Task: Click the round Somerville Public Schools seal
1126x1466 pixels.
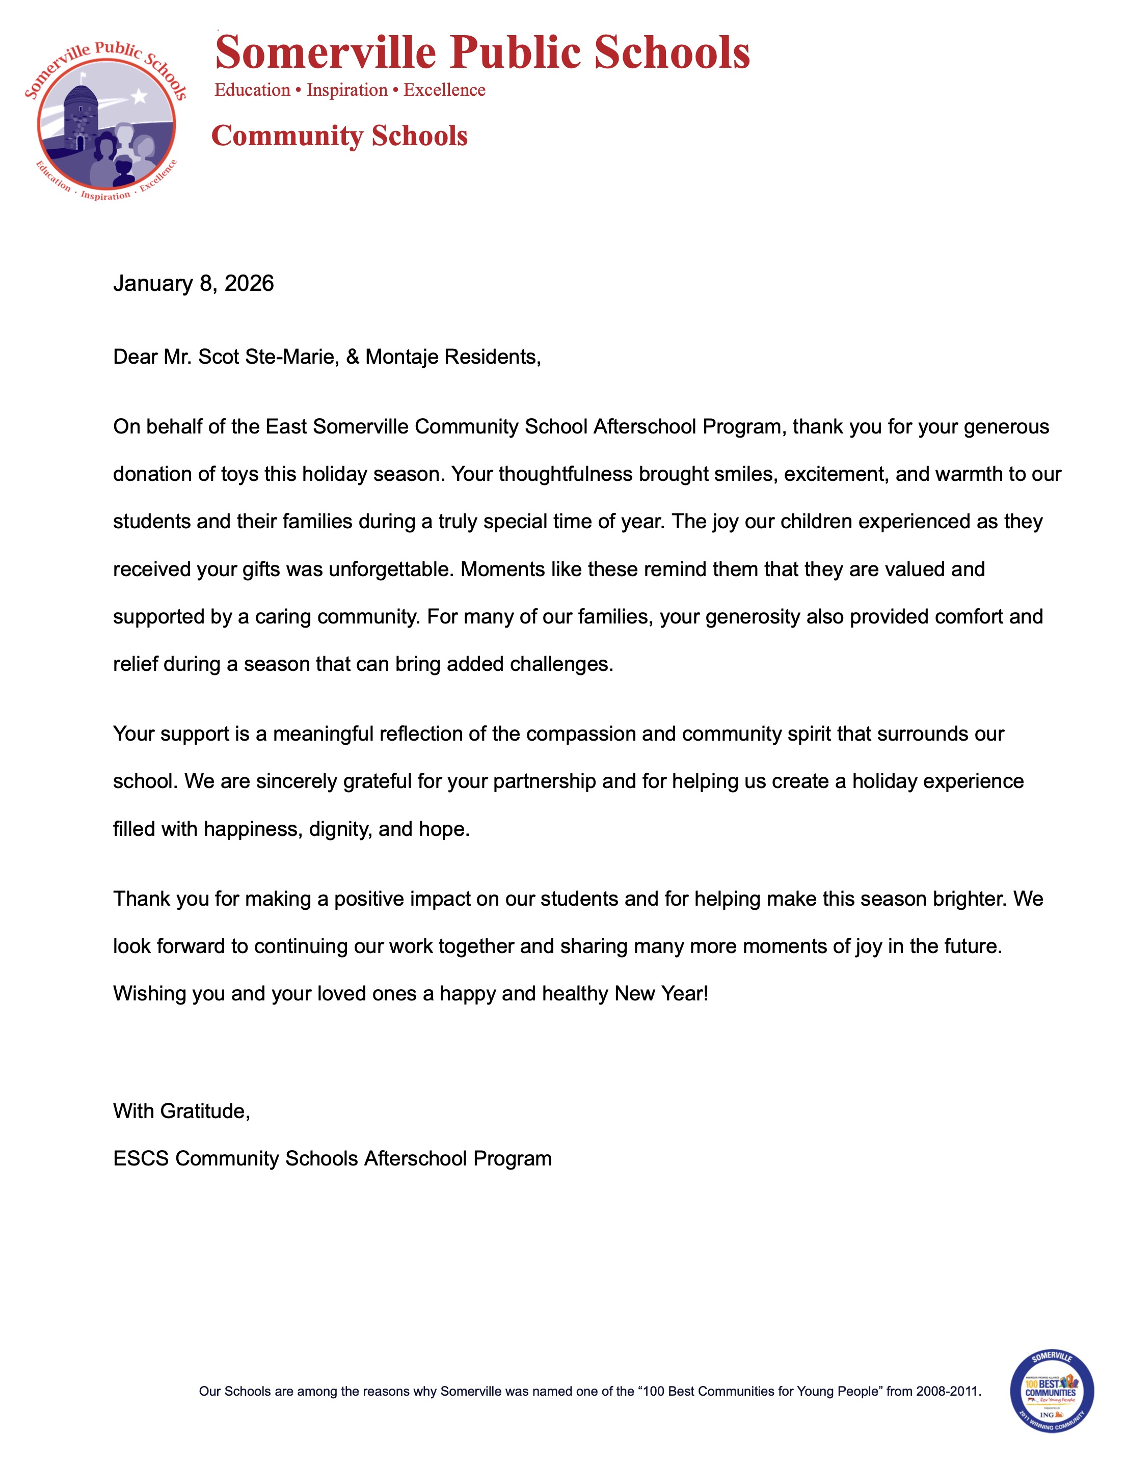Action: click(105, 121)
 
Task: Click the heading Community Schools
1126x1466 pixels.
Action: click(339, 136)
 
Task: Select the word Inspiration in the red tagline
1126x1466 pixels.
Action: click(347, 90)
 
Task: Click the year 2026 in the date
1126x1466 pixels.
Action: click(249, 283)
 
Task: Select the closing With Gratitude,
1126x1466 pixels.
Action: click(181, 1111)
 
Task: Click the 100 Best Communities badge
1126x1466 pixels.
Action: click(1051, 1392)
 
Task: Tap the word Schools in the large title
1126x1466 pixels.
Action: click(672, 52)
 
